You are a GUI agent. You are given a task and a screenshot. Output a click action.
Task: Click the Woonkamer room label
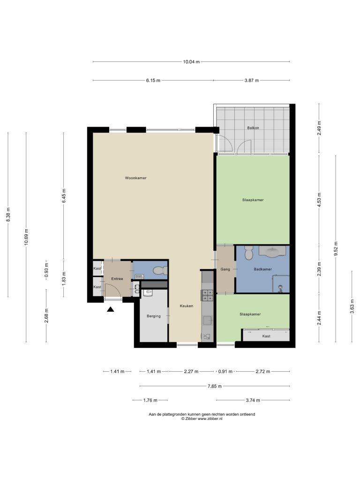(x=135, y=178)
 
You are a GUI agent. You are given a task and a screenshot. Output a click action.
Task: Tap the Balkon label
(x=253, y=127)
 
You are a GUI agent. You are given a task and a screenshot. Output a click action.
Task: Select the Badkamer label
(x=262, y=269)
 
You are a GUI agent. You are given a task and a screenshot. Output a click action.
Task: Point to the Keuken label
(x=187, y=306)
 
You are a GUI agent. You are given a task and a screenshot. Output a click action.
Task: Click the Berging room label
(x=154, y=316)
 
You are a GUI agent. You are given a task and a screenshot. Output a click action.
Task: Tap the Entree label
(x=117, y=278)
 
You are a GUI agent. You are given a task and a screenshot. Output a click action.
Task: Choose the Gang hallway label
(x=225, y=270)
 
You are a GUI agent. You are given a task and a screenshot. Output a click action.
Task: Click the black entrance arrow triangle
(x=111, y=309)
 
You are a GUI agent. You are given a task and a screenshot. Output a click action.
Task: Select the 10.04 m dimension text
(x=191, y=62)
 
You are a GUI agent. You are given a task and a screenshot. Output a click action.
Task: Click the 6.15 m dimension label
(x=153, y=81)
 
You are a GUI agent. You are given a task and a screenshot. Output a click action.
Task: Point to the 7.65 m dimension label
(x=215, y=386)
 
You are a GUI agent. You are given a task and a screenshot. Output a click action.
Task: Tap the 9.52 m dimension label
(x=336, y=248)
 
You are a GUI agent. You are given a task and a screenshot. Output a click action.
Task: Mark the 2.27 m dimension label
(x=191, y=372)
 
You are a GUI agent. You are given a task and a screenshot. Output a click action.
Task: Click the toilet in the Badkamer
(x=248, y=252)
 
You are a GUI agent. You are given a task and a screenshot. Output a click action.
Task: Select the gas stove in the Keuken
(x=207, y=295)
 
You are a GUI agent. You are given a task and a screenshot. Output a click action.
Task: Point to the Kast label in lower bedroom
(x=266, y=336)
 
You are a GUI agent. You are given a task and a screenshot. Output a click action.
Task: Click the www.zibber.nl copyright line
(x=202, y=419)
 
